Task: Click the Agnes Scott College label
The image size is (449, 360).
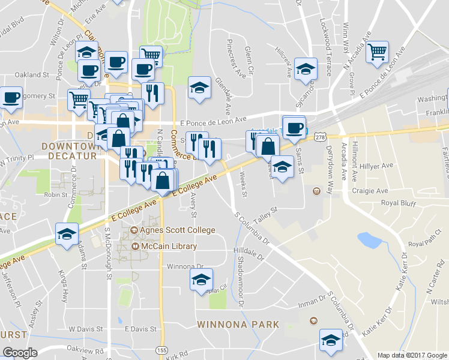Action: point(172,230)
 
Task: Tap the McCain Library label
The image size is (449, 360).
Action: point(164,247)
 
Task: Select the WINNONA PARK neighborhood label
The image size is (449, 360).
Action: point(238,325)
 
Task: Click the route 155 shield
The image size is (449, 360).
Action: point(161,349)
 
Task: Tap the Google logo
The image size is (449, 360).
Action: point(20,353)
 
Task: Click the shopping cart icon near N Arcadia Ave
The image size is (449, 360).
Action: point(378,52)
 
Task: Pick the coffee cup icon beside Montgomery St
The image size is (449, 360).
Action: point(11,97)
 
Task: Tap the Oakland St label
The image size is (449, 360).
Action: point(32,75)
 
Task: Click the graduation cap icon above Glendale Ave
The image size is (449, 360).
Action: point(199,88)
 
